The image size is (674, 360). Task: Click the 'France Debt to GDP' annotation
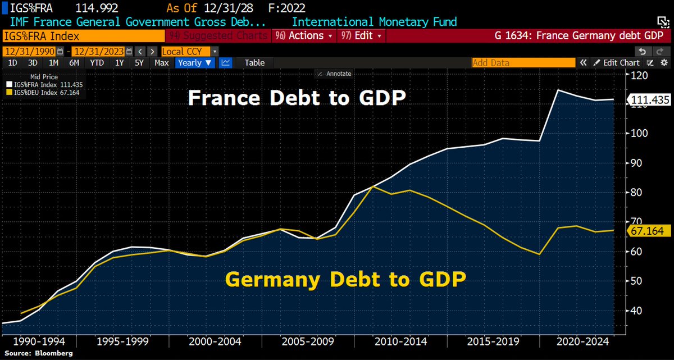point(297,98)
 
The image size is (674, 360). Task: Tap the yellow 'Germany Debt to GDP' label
point(346,279)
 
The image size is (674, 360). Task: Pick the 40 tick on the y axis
point(639,311)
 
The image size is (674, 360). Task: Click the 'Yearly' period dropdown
point(195,63)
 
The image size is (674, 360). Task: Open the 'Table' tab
point(254,63)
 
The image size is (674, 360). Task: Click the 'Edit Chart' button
point(616,63)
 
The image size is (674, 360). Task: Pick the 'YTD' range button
point(97,63)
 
